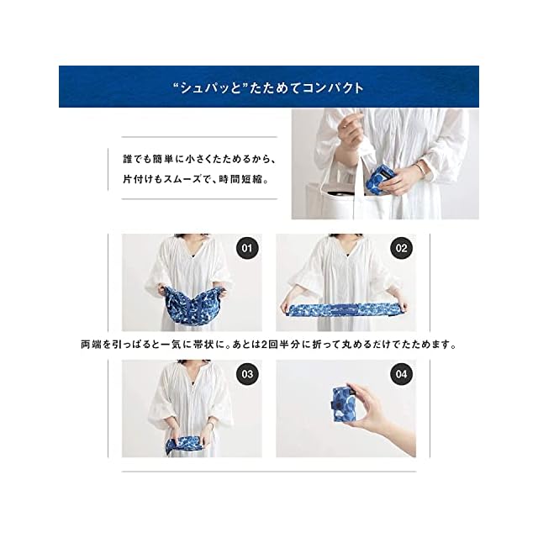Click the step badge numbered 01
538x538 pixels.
tap(247, 248)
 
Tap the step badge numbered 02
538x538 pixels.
tap(401, 248)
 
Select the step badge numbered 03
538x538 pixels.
tap(247, 374)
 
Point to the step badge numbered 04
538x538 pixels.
tap(401, 374)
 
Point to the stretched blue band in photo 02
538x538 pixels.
tap(344, 309)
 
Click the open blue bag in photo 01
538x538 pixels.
tap(193, 304)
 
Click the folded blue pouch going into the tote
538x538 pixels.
tap(378, 177)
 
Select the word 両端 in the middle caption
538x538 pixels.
tap(91, 344)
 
